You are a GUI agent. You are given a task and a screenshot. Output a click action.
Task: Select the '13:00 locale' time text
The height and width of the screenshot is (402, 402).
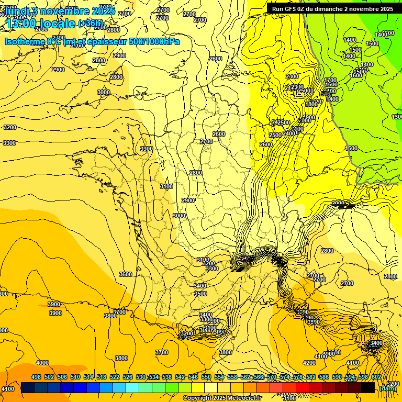coord(41,23)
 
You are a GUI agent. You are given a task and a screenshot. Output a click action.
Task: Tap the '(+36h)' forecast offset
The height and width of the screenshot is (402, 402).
coord(91,23)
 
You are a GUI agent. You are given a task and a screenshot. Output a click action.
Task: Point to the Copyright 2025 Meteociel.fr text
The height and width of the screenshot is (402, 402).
coord(222,398)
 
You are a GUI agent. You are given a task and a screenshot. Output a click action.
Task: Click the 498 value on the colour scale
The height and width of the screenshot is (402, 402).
coord(36,377)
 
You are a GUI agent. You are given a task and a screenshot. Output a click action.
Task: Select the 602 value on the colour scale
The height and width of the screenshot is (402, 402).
coord(376,377)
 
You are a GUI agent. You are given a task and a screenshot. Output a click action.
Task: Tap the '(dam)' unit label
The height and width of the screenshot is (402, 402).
coord(387,388)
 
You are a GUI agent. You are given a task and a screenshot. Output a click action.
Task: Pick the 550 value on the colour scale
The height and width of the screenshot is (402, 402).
coord(206,377)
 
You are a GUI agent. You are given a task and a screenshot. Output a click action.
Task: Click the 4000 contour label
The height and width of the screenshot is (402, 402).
coord(42,363)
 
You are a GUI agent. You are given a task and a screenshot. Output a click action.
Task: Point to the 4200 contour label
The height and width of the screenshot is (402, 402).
coord(309,363)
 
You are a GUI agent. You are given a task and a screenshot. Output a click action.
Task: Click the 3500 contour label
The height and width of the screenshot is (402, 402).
coord(200,294)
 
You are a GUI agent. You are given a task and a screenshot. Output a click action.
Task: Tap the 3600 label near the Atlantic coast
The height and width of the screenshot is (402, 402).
coord(126,274)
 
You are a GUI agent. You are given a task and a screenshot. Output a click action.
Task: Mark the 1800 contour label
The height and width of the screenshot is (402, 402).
coord(311,104)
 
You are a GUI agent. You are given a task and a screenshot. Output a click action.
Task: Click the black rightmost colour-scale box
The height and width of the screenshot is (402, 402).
coord(368,388)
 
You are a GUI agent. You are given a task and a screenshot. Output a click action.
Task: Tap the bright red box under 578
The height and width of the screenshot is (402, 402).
coord(303,388)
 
